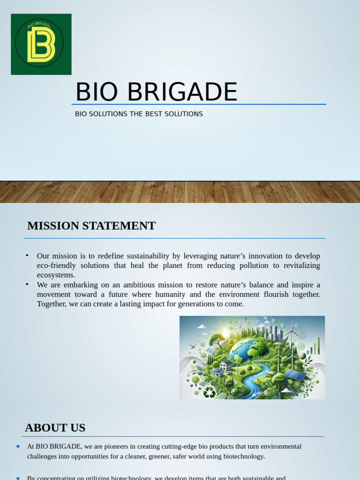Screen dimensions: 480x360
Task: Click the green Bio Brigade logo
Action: (x=41, y=44)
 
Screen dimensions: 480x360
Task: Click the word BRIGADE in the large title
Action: (x=182, y=92)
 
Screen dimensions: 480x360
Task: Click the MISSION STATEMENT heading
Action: (x=91, y=225)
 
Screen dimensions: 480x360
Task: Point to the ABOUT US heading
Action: (x=55, y=427)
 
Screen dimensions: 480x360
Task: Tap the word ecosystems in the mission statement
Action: (x=56, y=275)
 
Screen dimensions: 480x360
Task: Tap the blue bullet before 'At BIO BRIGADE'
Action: (x=18, y=446)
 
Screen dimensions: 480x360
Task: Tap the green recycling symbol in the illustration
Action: (x=209, y=392)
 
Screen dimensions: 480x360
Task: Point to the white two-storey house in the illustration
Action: (x=226, y=365)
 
